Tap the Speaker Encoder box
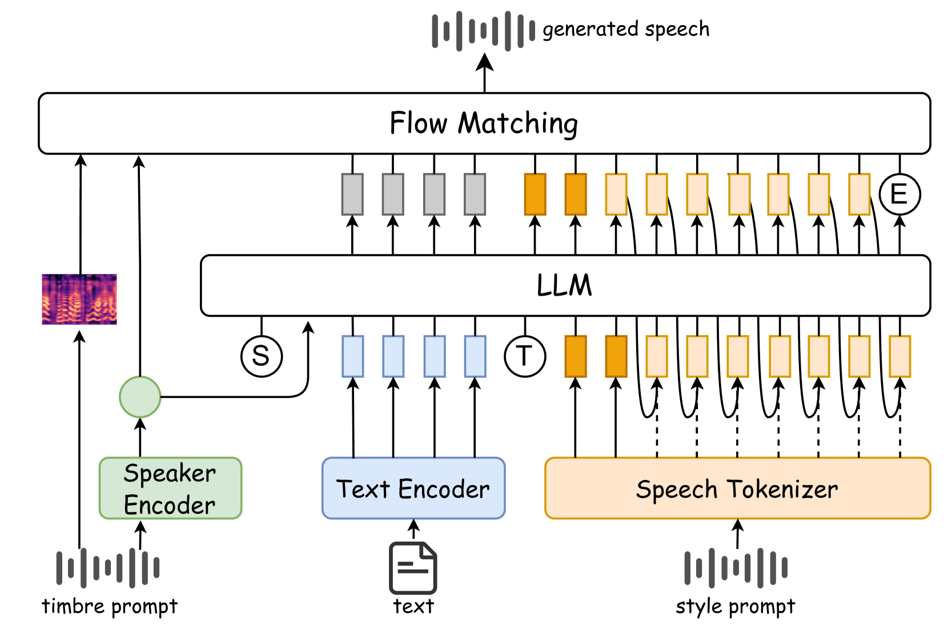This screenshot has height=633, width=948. (170, 489)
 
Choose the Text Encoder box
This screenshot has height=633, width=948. (413, 489)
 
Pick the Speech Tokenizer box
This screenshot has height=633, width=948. (737, 489)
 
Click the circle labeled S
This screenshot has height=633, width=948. (262, 356)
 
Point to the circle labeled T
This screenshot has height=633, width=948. (525, 356)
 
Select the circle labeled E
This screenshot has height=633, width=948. (899, 195)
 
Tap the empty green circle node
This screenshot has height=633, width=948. (140, 397)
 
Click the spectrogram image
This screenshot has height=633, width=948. (79, 299)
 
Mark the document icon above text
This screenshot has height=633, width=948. (413, 568)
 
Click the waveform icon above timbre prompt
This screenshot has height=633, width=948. (108, 568)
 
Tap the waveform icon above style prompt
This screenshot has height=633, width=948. (736, 568)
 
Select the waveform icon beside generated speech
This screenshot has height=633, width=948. (484, 30)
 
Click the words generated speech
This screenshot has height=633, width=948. (626, 29)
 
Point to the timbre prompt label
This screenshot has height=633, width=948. (110, 606)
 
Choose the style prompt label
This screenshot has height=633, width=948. (736, 606)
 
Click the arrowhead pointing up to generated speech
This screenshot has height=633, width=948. (485, 62)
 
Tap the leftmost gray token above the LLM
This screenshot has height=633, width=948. (352, 194)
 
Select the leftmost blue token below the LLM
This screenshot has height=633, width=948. (353, 356)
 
